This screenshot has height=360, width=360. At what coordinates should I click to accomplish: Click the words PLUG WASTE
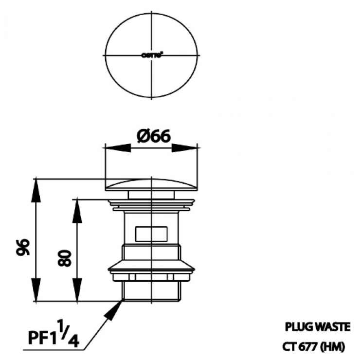point(317,326)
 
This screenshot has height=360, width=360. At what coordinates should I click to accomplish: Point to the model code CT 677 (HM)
point(314,347)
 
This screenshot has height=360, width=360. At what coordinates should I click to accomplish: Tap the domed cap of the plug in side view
point(152,184)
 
